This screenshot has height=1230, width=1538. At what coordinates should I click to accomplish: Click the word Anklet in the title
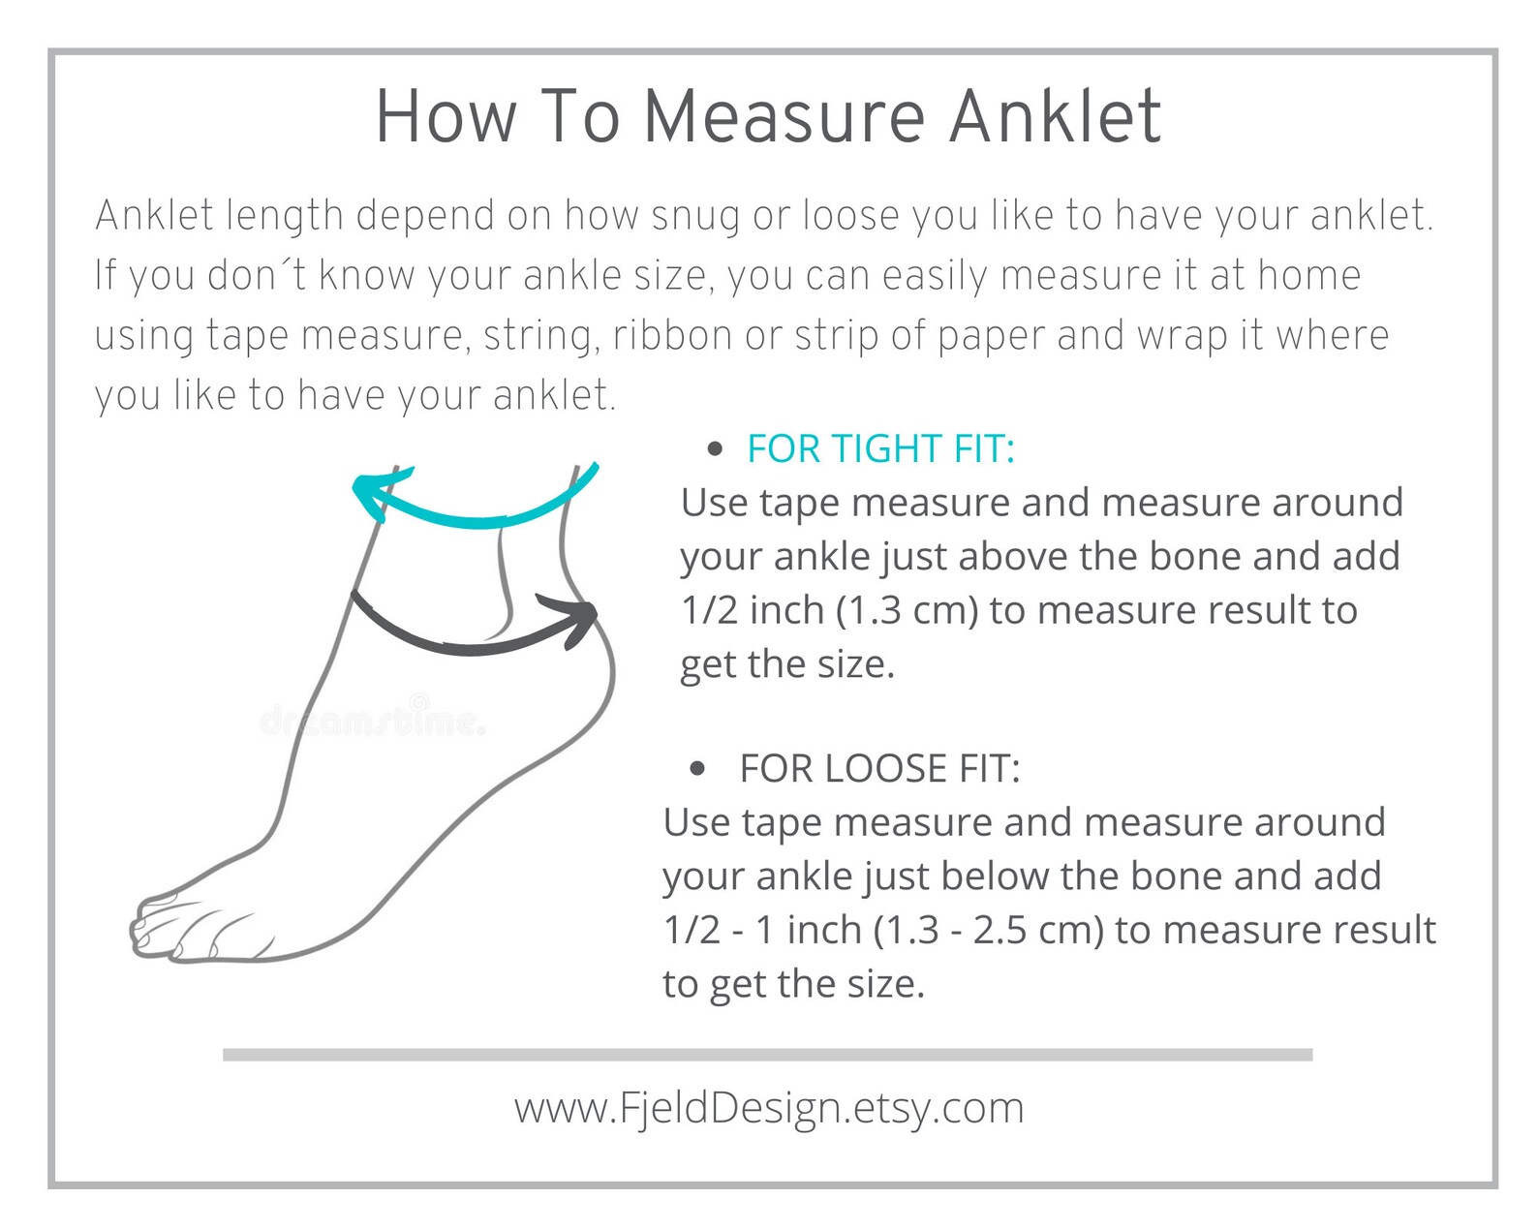click(1055, 116)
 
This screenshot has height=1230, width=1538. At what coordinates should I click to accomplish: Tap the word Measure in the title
click(784, 116)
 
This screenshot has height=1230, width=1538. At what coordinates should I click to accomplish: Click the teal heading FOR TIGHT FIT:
click(880, 448)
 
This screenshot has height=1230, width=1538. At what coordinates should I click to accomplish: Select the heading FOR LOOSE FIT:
click(879, 768)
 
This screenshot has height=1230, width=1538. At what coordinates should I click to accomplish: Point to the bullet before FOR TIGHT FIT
click(715, 448)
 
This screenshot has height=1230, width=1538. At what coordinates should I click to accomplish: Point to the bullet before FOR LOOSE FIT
click(697, 769)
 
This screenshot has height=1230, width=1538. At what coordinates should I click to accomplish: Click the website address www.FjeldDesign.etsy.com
click(769, 1109)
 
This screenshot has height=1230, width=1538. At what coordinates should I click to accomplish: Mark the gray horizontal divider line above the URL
click(768, 1055)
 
